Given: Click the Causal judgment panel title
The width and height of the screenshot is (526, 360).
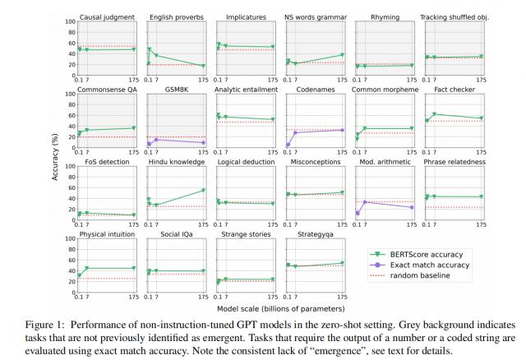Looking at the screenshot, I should [x=108, y=16].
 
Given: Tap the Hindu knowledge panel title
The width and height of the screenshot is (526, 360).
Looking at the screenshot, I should [x=177, y=162].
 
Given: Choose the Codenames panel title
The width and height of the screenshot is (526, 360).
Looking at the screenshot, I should [x=316, y=89].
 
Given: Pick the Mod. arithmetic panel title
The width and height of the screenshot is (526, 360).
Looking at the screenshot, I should [x=386, y=162].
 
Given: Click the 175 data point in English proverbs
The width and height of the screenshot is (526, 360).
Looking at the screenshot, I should [x=204, y=66].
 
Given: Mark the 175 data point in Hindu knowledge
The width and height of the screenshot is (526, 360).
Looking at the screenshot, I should [x=204, y=191].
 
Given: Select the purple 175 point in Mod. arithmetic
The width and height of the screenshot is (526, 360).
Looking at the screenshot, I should [x=413, y=207].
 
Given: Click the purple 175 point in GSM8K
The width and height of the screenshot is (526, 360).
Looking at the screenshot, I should [x=204, y=143].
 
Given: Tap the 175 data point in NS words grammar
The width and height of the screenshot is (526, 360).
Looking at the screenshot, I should [x=344, y=55].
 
